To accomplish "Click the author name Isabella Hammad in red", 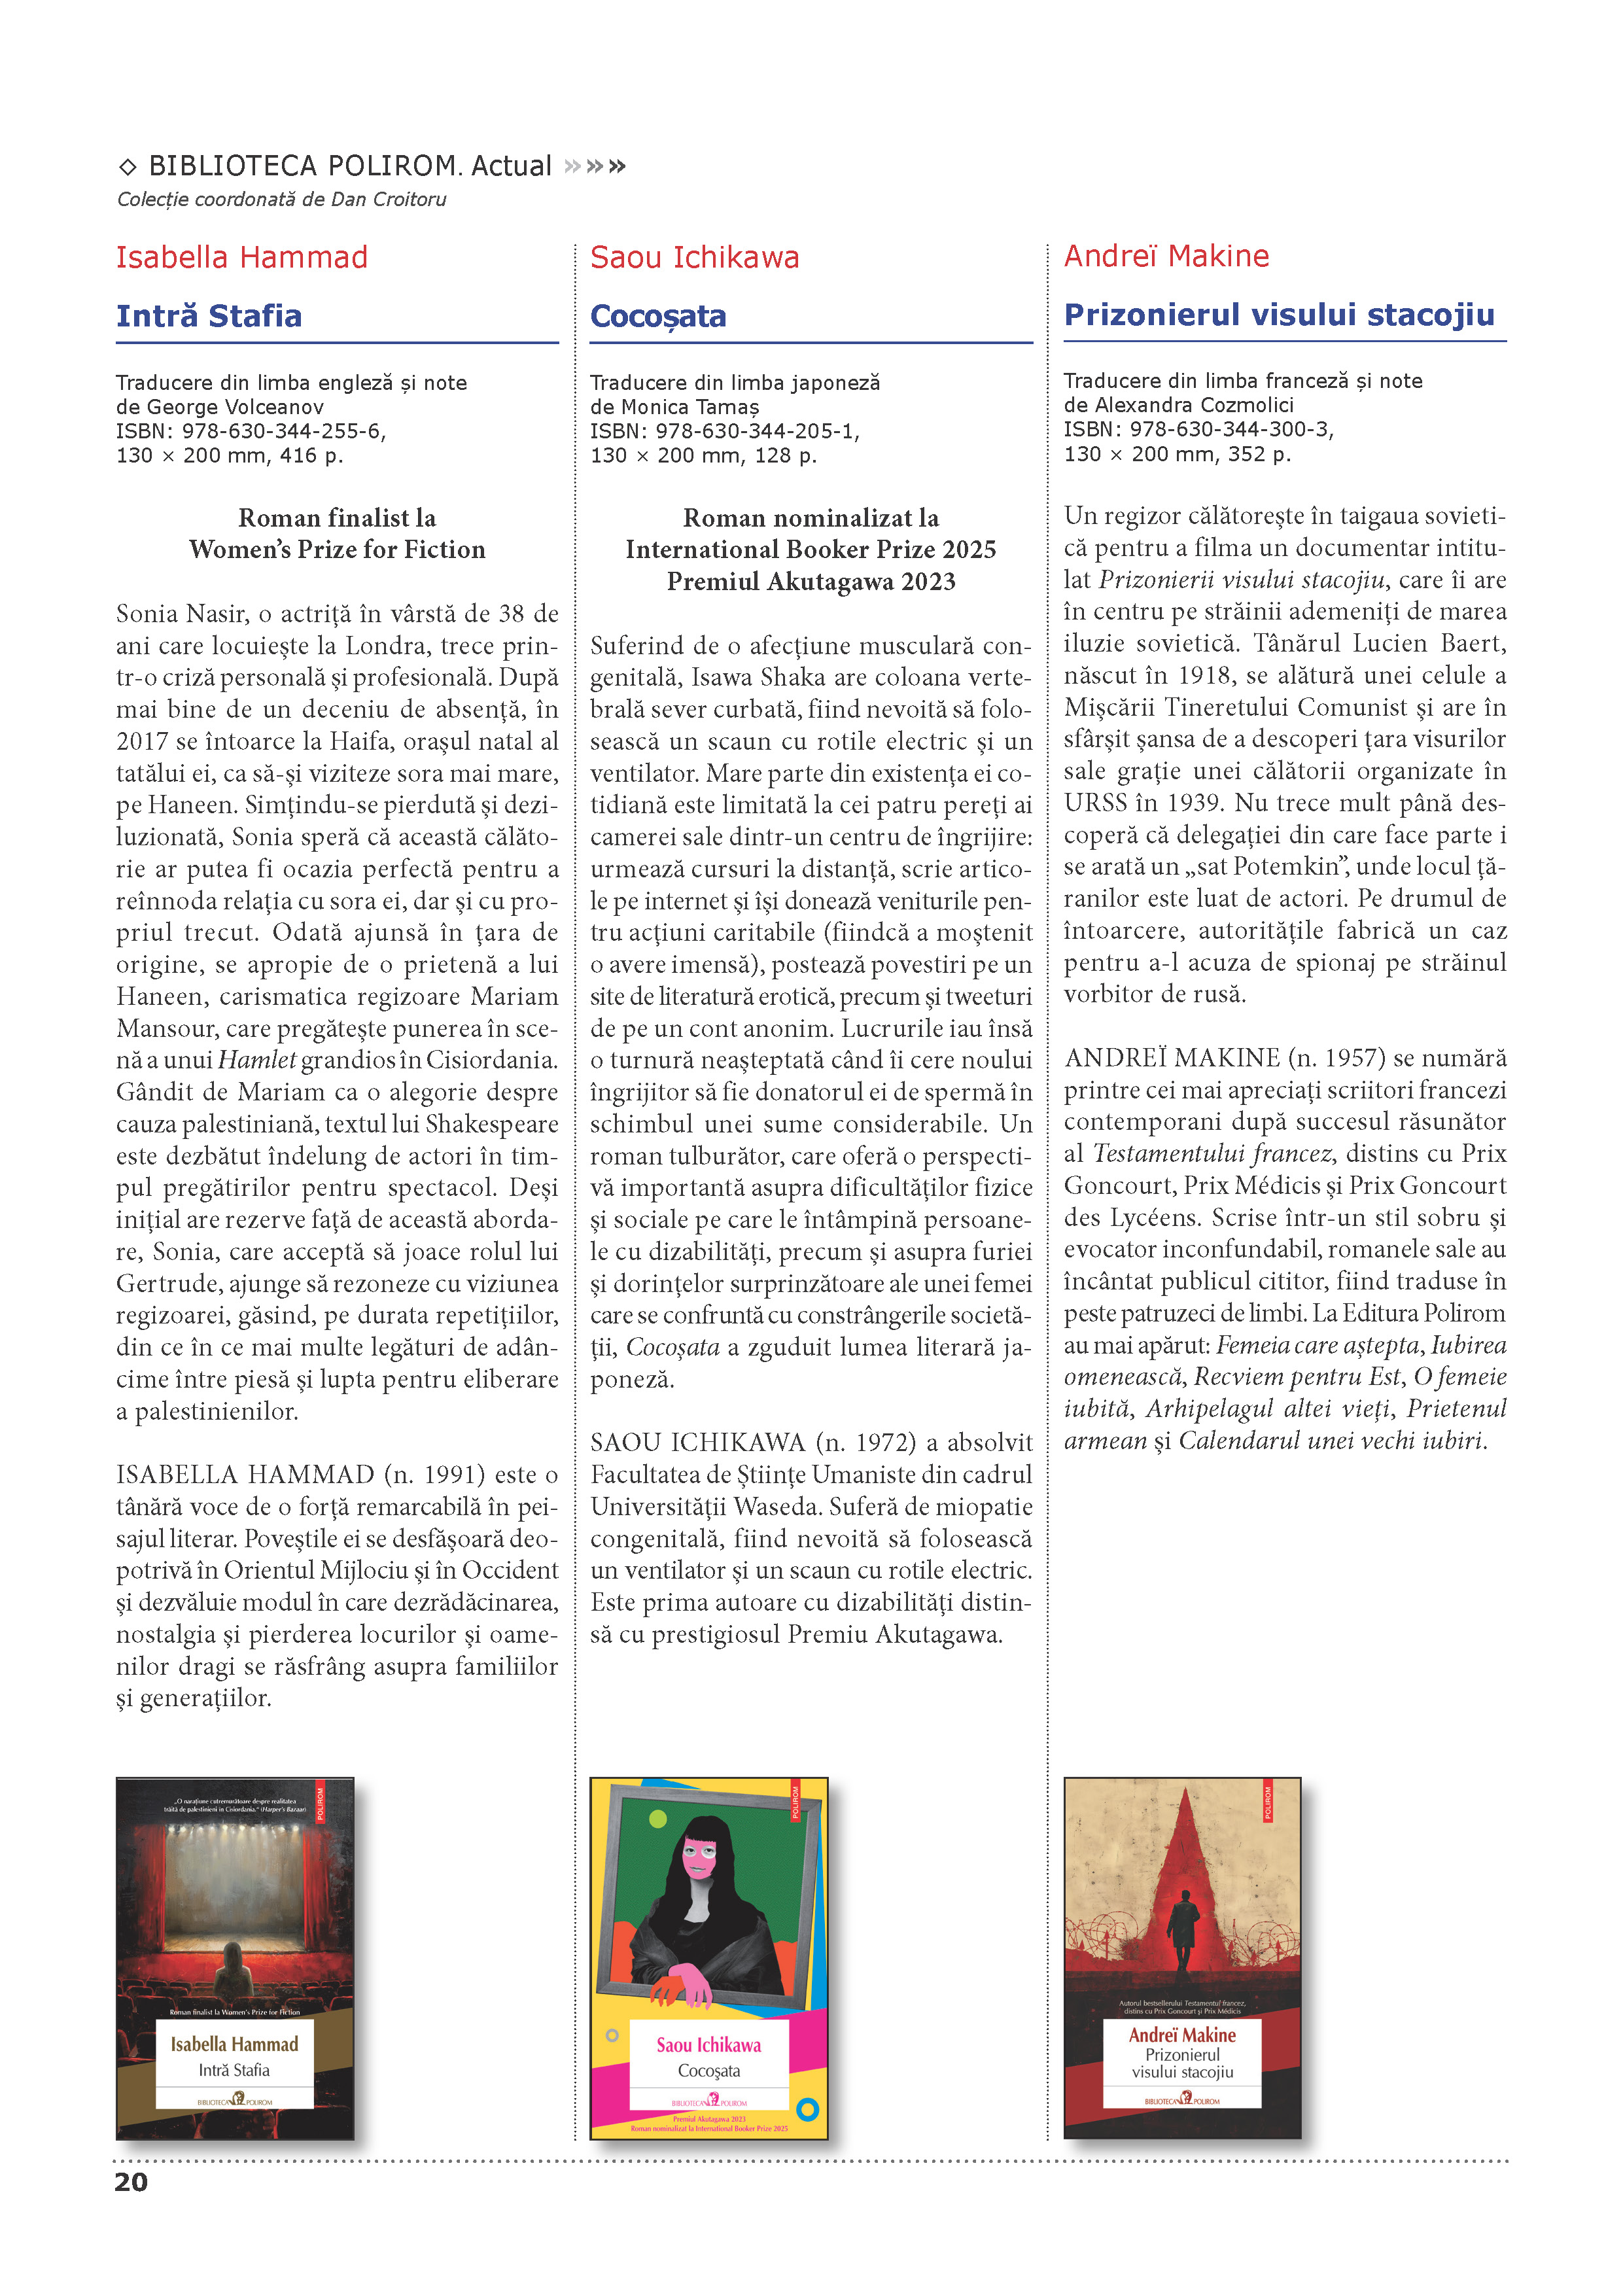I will coord(242,258).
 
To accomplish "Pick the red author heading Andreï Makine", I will coord(1166,257).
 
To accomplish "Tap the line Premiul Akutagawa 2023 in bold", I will coord(811,582).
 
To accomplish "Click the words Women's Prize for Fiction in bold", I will coord(337,550).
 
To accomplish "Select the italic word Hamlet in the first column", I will coord(257,1060).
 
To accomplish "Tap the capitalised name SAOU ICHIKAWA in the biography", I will coord(697,1443).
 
